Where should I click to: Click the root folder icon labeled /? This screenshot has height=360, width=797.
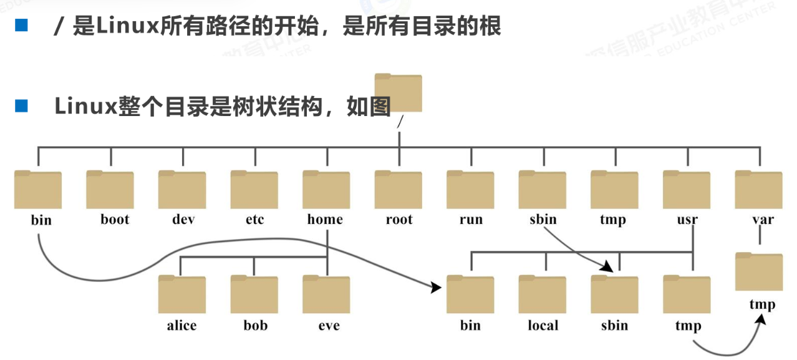(398, 93)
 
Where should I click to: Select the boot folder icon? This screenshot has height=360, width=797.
(110, 190)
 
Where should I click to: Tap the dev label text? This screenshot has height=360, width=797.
(183, 220)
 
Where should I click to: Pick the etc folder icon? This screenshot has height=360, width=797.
(254, 190)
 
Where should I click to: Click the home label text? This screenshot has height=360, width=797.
(325, 220)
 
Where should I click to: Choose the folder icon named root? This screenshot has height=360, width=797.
(398, 190)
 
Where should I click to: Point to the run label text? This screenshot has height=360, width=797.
(471, 220)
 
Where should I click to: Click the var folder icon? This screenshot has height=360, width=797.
(758, 190)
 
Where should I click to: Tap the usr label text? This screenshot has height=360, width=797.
(687, 220)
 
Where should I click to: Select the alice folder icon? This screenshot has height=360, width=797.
(181, 294)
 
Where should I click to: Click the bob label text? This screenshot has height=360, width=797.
(255, 326)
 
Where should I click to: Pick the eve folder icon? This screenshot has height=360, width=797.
(326, 294)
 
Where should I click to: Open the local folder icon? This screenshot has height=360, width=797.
(543, 294)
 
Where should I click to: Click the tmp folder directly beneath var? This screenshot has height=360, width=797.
(758, 271)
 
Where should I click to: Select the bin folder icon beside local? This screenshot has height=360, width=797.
(470, 294)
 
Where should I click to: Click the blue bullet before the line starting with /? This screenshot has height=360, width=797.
(22, 26)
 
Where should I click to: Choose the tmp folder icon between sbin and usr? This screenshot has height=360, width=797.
(614, 190)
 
